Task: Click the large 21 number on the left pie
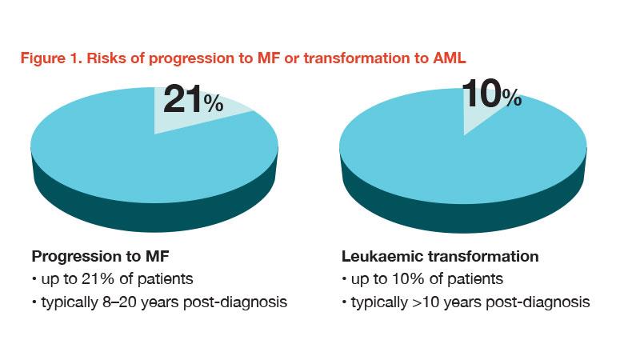click(182, 98)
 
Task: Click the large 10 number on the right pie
click(482, 95)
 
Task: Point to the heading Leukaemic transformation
click(439, 257)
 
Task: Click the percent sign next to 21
click(213, 103)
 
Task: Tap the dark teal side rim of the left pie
click(152, 204)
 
